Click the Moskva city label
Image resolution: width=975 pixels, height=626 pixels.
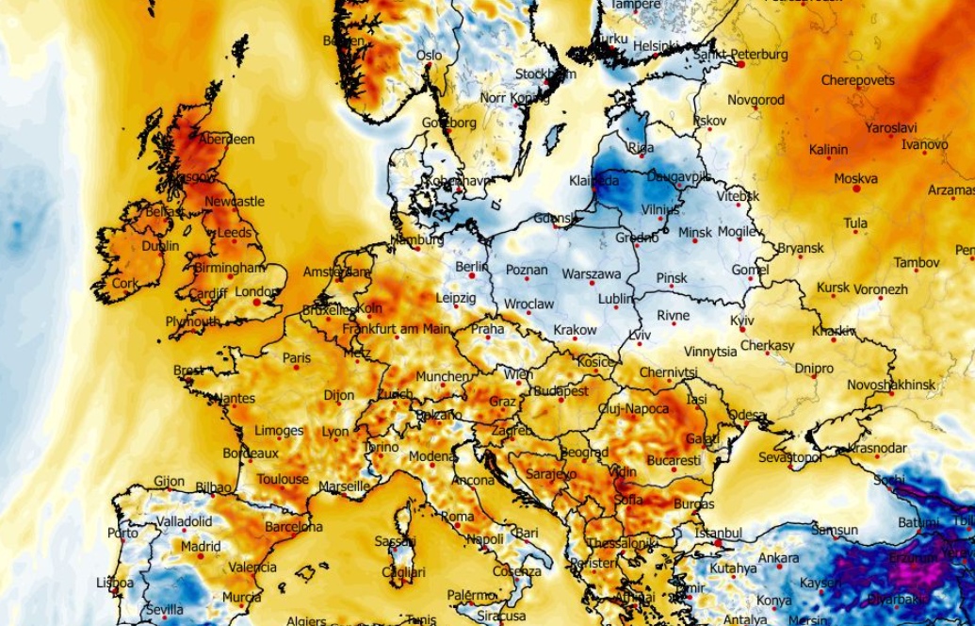(x=855, y=178)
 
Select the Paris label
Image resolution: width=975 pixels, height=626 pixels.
(x=296, y=358)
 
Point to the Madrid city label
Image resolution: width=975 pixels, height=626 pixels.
(x=201, y=546)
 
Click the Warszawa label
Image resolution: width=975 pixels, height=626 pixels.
(x=591, y=274)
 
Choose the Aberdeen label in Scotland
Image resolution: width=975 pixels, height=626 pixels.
(x=227, y=140)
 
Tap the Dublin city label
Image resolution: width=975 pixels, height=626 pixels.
(x=160, y=247)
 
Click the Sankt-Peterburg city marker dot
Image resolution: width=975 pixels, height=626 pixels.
(x=742, y=65)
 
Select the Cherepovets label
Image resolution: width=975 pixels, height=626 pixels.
(x=857, y=81)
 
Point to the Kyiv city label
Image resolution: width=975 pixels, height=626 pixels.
(x=742, y=321)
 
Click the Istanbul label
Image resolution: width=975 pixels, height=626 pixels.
(x=718, y=533)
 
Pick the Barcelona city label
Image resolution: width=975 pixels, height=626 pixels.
(x=293, y=527)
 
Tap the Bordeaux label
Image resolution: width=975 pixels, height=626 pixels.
(x=250, y=453)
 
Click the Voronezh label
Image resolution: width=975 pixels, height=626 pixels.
(x=882, y=289)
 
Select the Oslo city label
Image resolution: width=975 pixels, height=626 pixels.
(x=429, y=56)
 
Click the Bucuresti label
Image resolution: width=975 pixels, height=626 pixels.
(x=674, y=461)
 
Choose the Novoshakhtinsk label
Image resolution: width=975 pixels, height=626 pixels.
(x=890, y=385)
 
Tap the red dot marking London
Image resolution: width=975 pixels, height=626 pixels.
(x=255, y=303)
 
